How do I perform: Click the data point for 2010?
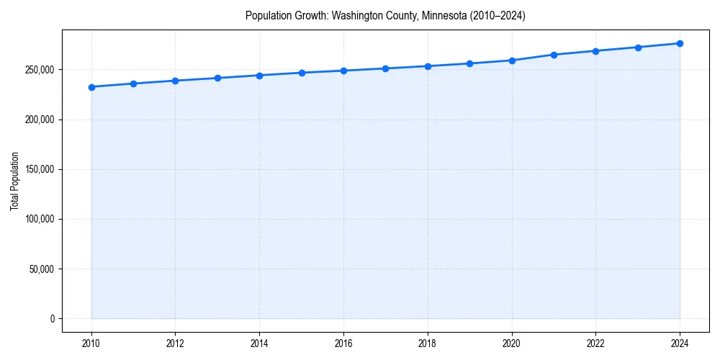coord(91,87)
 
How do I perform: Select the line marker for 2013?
coord(217,78)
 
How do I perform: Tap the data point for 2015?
coord(302,73)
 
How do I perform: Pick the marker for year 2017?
coord(386,68)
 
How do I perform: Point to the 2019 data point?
coord(469,63)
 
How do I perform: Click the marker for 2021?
coord(554,55)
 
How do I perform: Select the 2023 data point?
coord(638,48)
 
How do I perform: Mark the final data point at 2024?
coord(680,43)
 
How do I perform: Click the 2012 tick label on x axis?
coord(176,343)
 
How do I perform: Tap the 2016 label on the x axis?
coord(343,343)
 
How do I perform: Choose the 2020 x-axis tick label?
coord(512,343)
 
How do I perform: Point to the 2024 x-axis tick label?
coord(680,343)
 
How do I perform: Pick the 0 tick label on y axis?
coord(52,319)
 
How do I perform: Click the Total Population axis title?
coord(14,181)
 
